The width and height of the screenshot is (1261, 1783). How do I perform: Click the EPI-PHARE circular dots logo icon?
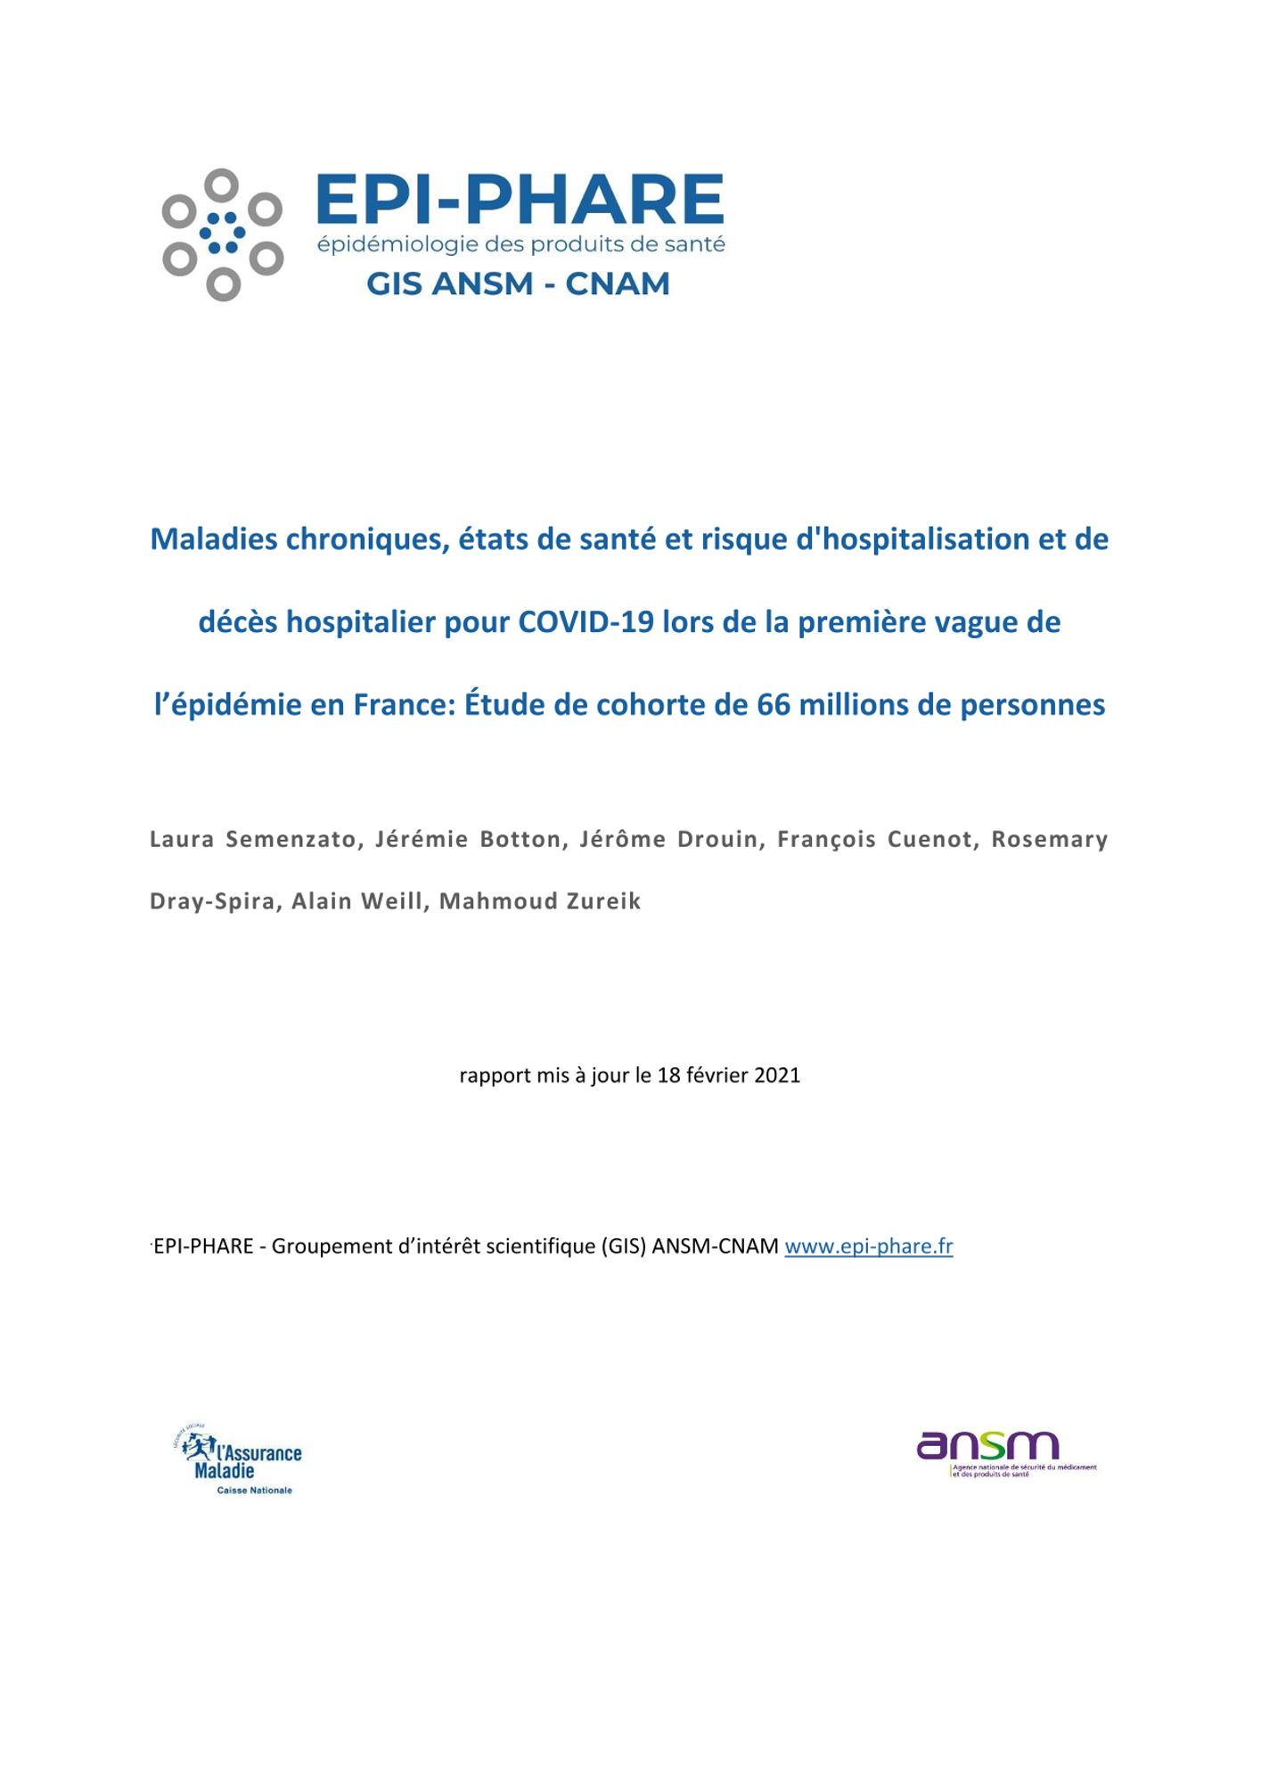[x=223, y=234]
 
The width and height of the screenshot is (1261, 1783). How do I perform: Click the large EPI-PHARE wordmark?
[x=520, y=200]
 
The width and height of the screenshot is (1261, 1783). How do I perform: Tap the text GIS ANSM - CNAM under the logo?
[x=518, y=283]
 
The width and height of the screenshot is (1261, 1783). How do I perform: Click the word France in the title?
[x=405, y=704]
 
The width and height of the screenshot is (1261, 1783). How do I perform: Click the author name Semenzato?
[x=291, y=839]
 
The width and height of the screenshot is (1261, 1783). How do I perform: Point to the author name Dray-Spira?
[x=212, y=901]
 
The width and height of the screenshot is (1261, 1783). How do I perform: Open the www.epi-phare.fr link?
[x=868, y=1246]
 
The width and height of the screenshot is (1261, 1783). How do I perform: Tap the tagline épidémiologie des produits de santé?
[x=521, y=244]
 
